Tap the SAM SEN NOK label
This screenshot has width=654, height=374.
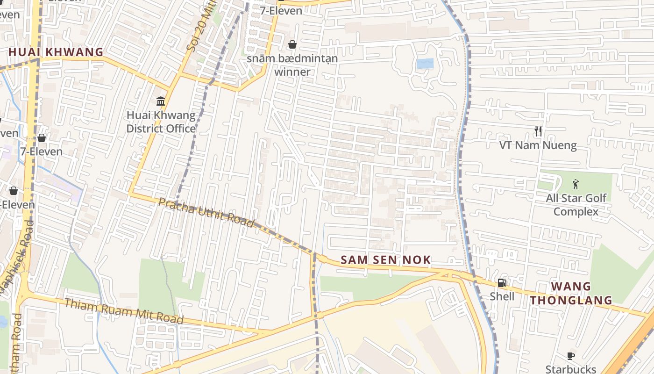pyautogui.click(x=385, y=260)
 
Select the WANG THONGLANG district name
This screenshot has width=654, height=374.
pyautogui.click(x=571, y=293)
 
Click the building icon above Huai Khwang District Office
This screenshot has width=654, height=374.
pyautogui.click(x=161, y=101)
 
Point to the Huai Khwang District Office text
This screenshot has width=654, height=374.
pyautogui.click(x=161, y=122)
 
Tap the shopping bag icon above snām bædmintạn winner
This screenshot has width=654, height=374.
pyautogui.click(x=292, y=44)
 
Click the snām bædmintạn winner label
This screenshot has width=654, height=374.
pyautogui.click(x=292, y=65)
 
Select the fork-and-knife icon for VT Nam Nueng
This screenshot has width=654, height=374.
pyautogui.click(x=538, y=131)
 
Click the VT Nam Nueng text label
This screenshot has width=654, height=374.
pyautogui.click(x=538, y=145)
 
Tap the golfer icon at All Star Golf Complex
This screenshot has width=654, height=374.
pyautogui.click(x=576, y=184)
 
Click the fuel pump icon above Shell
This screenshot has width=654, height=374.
pyautogui.click(x=502, y=282)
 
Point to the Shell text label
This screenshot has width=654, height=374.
pyautogui.click(x=502, y=296)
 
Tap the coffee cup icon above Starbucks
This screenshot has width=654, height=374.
pyautogui.click(x=570, y=356)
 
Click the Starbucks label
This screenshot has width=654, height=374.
pyautogui.click(x=570, y=369)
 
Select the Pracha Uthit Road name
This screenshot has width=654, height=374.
pyautogui.click(x=206, y=212)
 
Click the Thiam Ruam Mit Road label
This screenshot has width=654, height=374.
pyautogui.click(x=123, y=311)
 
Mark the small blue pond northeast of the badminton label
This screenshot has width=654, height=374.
pyautogui.click(x=425, y=64)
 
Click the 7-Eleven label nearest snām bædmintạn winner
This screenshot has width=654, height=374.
pyautogui.click(x=281, y=10)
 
